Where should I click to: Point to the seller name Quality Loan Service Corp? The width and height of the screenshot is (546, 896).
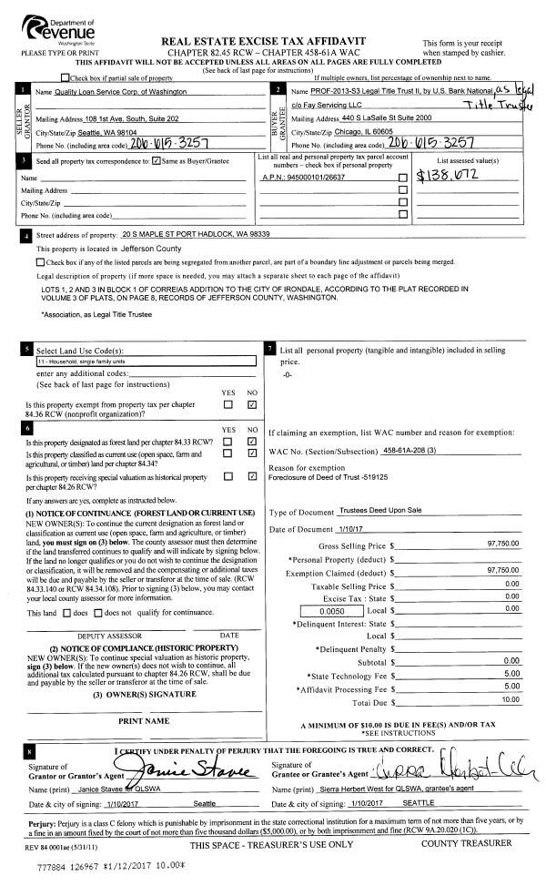click(x=110, y=93)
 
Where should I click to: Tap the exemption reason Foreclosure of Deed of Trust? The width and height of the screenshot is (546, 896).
click(x=337, y=475)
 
